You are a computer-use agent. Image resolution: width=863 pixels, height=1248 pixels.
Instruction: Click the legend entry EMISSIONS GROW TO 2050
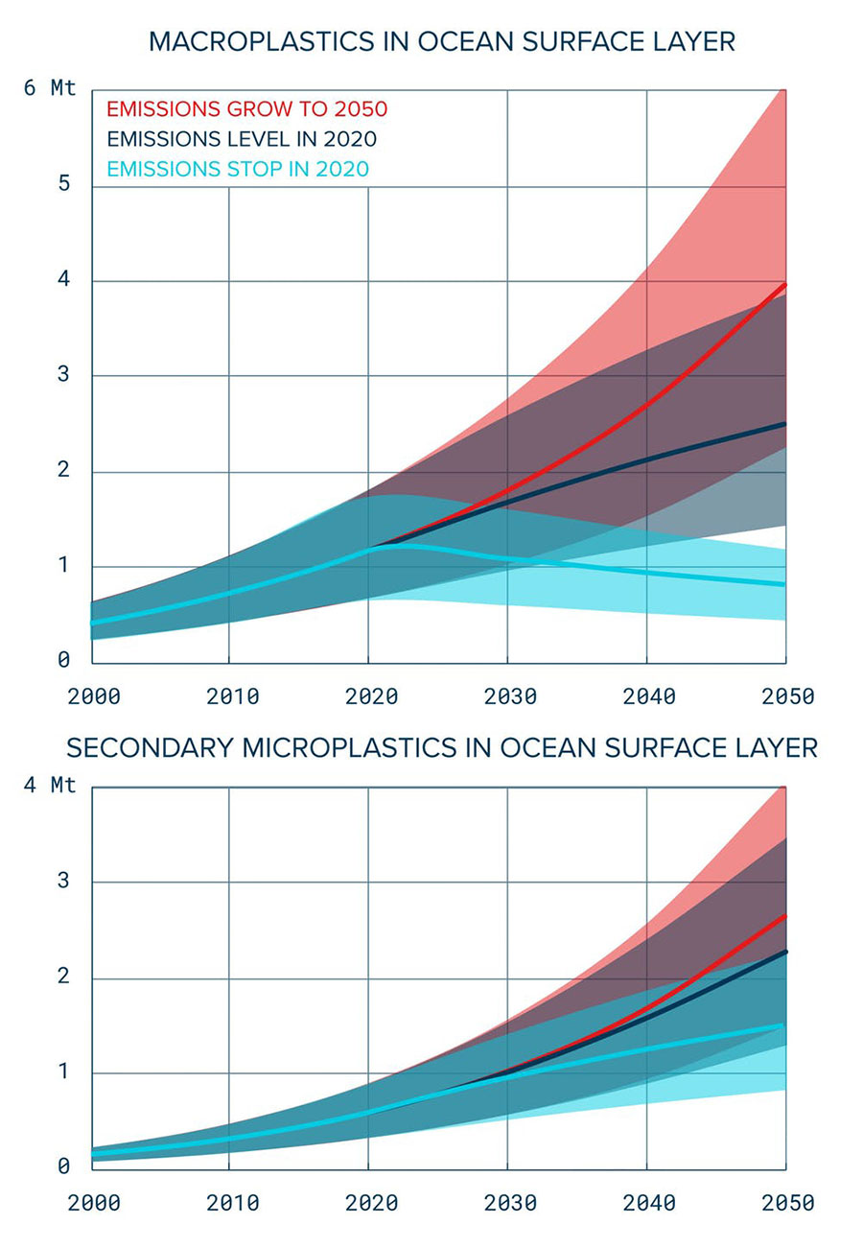tap(246, 107)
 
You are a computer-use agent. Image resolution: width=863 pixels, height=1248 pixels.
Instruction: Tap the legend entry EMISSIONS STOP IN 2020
tap(238, 170)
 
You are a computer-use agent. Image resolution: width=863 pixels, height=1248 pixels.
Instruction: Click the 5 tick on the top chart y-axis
tap(63, 184)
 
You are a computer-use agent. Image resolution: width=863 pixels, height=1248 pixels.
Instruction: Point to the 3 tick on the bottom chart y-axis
tap(63, 881)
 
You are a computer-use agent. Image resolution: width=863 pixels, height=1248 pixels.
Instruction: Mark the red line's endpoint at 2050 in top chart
tap(785, 285)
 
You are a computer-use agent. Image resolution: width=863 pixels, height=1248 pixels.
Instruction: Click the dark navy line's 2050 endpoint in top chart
tap(785, 423)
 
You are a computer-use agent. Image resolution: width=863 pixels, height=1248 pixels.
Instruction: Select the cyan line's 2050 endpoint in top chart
tap(785, 584)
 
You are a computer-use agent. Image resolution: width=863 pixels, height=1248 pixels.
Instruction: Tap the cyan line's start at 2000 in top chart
tap(92, 624)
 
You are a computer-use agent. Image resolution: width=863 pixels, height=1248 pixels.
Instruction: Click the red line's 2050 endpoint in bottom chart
tap(785, 916)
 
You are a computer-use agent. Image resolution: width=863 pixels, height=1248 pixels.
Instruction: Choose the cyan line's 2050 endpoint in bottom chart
tap(785, 1024)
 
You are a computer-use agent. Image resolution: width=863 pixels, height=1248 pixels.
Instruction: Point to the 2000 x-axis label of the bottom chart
tap(93, 1203)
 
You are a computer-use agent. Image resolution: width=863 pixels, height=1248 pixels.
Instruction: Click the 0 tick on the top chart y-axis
tap(63, 661)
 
